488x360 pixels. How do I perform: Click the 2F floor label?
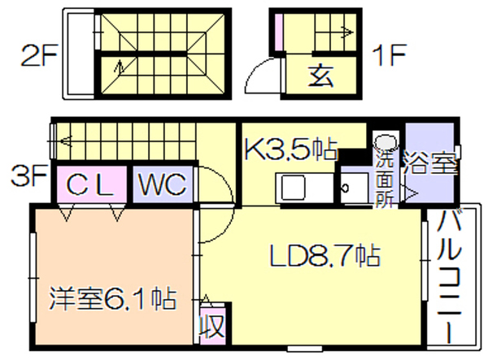click(x=38, y=55)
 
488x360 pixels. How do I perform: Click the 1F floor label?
click(x=389, y=55)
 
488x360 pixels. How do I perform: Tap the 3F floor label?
click(x=28, y=176)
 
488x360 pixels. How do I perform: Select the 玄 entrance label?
click(x=320, y=76)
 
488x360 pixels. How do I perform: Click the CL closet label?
click(x=89, y=184)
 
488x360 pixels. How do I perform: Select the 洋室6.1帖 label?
click(x=113, y=298)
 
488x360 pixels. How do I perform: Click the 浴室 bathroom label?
click(x=430, y=163)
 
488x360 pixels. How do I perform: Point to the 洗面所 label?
click(x=385, y=180)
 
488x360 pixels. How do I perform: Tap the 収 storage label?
click(x=212, y=326)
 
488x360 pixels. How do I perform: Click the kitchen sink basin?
click(x=293, y=188)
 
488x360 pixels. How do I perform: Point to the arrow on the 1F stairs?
click(x=348, y=32)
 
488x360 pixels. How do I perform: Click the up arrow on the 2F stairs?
click(x=119, y=67)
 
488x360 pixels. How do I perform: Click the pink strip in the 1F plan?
click(x=278, y=32)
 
